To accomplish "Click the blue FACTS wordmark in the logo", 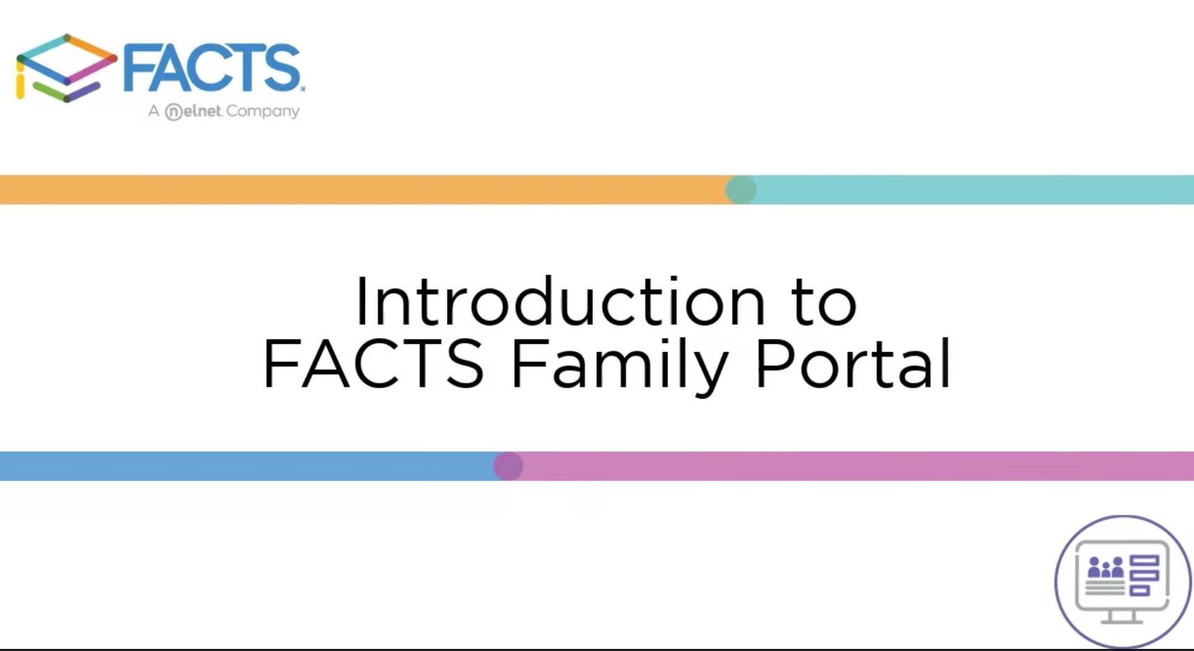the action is (x=213, y=68).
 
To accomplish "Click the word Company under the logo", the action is (x=263, y=112).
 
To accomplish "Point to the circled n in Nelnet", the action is (x=173, y=112).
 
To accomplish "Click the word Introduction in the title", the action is (x=561, y=301).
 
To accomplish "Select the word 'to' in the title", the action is (x=825, y=302).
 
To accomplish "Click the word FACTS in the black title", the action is (x=373, y=364).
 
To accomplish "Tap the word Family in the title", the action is (x=619, y=366).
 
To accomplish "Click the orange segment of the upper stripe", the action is (x=362, y=190).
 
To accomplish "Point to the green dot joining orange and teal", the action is (x=741, y=190).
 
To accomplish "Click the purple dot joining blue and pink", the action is (x=508, y=466).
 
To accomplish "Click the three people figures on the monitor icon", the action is (x=1106, y=567).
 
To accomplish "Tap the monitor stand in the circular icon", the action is (x=1122, y=617).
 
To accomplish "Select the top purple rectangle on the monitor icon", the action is (x=1145, y=560).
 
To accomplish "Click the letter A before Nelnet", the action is (x=153, y=111).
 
